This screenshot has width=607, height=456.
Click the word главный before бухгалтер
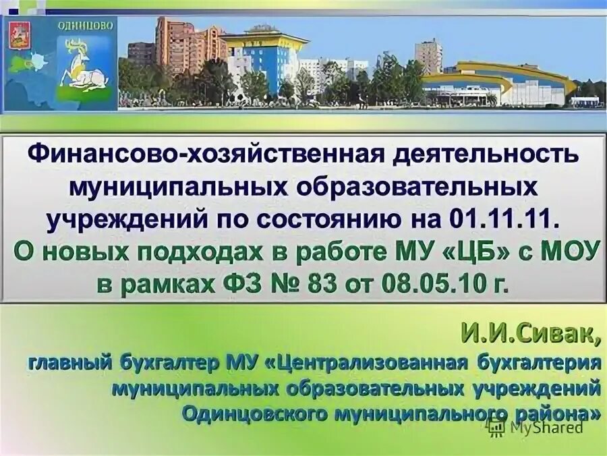coord(65,362)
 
